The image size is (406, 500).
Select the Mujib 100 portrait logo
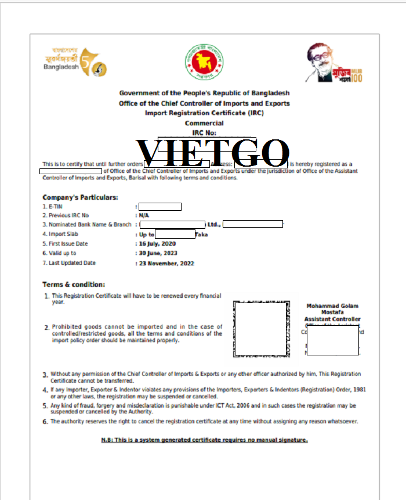(335, 63)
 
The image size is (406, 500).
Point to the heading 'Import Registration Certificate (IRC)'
(204, 113)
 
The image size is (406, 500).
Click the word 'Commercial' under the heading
(204, 123)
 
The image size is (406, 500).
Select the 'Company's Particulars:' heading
(80, 197)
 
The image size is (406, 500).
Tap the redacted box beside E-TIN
(160, 206)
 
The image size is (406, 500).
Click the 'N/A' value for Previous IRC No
(144, 215)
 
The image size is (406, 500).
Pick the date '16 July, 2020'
(158, 244)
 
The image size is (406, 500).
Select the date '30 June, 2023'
(158, 253)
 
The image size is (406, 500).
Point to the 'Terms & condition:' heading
(74, 285)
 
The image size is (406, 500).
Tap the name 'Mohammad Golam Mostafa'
(332, 309)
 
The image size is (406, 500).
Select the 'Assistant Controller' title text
(332, 319)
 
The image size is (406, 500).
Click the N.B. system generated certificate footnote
(204, 440)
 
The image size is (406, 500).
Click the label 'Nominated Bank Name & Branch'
(90, 225)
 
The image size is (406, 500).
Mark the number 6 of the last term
(45, 422)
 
